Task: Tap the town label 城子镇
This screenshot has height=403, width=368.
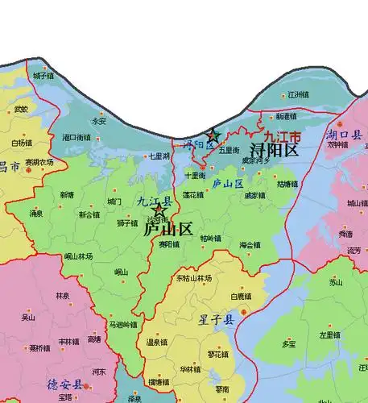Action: click(43, 76)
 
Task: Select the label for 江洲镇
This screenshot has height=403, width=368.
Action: click(299, 95)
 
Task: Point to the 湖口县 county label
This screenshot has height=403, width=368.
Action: click(345, 135)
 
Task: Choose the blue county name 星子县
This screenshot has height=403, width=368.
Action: click(217, 320)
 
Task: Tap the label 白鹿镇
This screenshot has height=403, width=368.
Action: click(242, 297)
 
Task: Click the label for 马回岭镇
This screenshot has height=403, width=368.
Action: click(123, 325)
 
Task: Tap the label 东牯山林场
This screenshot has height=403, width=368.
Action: click(193, 278)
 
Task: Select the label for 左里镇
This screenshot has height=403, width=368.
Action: click(330, 334)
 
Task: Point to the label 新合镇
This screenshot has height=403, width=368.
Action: click(89, 214)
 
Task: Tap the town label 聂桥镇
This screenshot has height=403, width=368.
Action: click(36, 349)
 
